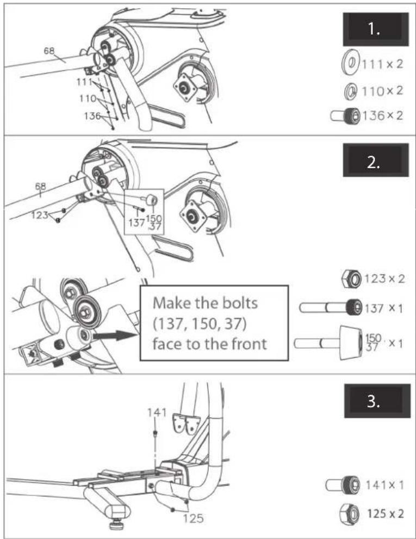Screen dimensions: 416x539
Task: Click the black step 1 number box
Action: [376, 29]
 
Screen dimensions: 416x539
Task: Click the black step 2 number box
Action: [376, 161]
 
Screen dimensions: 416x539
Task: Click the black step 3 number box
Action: [377, 401]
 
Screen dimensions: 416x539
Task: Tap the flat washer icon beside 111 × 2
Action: [350, 64]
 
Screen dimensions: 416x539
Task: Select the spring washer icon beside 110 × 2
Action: [351, 91]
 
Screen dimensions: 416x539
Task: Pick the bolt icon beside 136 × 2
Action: [345, 115]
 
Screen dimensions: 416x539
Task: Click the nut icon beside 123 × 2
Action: [352, 278]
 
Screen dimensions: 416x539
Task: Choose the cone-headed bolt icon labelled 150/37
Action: [328, 342]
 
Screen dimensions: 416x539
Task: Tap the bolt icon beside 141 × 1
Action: [343, 485]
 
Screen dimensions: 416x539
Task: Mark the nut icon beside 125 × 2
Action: [349, 513]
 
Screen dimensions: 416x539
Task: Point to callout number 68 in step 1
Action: [49, 51]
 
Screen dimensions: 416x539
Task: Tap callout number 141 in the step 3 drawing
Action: [157, 412]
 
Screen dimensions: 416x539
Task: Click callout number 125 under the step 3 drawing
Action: [193, 518]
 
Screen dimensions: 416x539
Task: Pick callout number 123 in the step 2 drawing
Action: [40, 215]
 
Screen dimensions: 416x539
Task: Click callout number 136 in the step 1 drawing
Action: [92, 116]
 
